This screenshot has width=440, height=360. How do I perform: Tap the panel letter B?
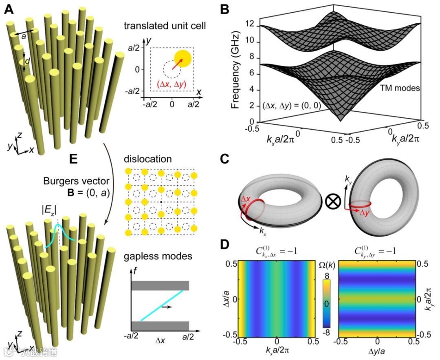(x=225, y=9)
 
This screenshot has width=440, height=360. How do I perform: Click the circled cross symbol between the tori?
(x=333, y=201)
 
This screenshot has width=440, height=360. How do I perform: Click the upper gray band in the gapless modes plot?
(x=160, y=285)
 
